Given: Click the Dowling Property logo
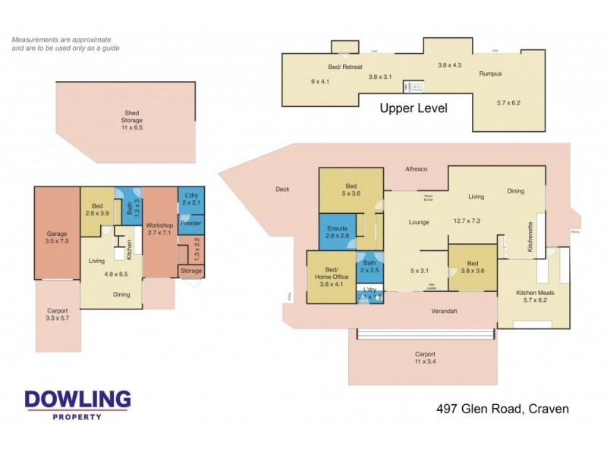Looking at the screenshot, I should (77, 404).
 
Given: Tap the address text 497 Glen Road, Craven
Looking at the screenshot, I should (502, 409).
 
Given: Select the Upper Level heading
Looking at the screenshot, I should (414, 108).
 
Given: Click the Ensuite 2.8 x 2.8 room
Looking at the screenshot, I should (338, 232).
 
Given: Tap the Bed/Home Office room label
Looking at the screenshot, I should (331, 273).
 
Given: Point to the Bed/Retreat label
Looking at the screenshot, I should (350, 67).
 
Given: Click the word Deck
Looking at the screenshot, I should (281, 190).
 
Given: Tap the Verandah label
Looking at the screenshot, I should (447, 310).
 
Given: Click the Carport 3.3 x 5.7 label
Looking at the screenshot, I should (58, 315).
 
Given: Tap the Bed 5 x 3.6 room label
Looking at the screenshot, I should (351, 190).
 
